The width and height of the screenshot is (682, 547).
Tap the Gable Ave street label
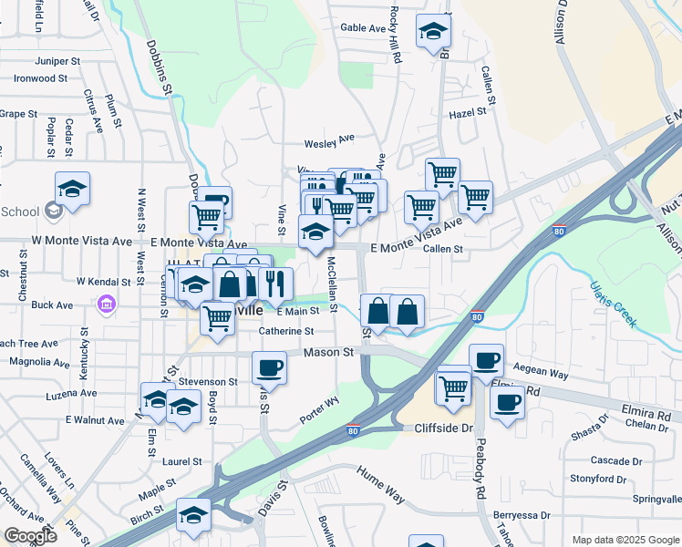(364, 28)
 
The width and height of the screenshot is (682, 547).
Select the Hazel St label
(470, 113)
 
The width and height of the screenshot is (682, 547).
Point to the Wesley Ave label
(329, 142)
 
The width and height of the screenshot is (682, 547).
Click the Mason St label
(328, 352)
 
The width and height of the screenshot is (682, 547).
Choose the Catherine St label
(286, 332)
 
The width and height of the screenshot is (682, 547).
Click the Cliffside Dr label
(444, 427)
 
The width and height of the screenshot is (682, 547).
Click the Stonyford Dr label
(597, 479)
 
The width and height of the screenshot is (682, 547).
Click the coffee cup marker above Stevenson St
(268, 367)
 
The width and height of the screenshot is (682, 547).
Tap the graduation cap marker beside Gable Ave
(432, 31)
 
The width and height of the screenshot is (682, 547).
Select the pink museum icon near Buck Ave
(107, 304)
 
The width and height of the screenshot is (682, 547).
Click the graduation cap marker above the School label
(72, 190)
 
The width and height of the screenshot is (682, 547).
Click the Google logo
(29, 536)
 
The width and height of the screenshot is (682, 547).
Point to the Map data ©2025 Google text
(625, 540)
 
